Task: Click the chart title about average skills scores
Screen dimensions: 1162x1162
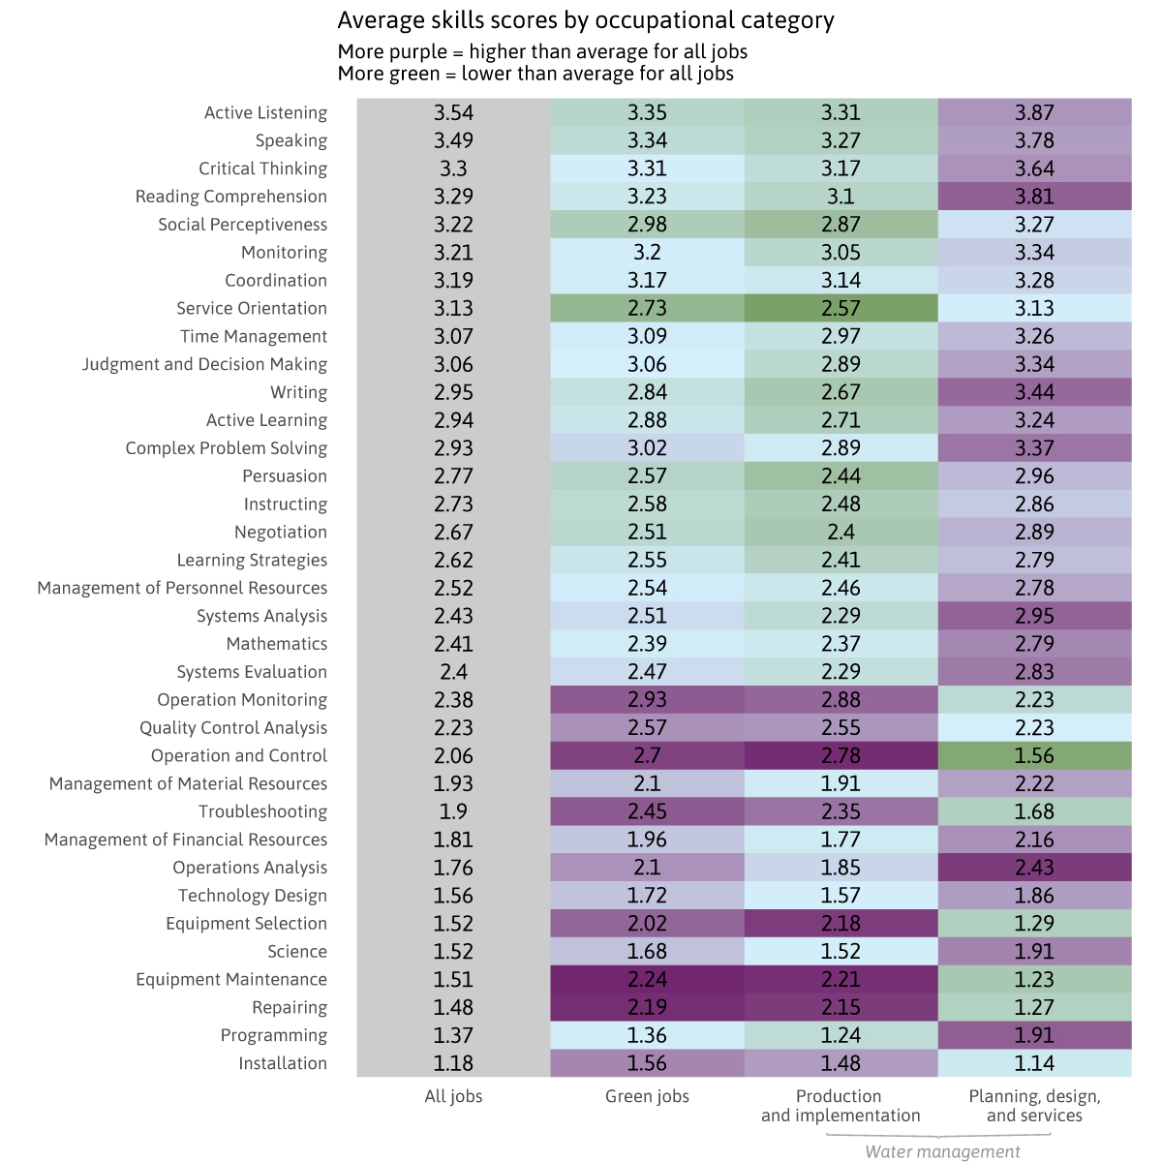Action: tap(586, 20)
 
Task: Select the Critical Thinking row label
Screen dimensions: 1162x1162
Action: tap(262, 168)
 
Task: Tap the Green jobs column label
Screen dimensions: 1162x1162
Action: tap(647, 1096)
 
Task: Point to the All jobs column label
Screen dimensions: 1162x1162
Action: tap(453, 1096)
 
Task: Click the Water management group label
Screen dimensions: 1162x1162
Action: tap(942, 1151)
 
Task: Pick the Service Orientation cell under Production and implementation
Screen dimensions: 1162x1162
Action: tap(841, 308)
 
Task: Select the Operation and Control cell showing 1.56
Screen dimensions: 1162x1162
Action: tap(1034, 755)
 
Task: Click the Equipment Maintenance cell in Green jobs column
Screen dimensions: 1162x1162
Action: tap(647, 979)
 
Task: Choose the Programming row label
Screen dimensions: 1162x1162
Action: tap(274, 1035)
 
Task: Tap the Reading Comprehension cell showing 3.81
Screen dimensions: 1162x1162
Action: tap(1034, 197)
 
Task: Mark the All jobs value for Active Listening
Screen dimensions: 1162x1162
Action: tap(453, 112)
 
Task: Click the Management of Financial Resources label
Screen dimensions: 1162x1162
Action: tap(186, 840)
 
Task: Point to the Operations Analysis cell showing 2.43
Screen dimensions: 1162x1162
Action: tap(1034, 868)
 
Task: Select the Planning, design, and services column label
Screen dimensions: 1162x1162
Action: tap(1034, 1105)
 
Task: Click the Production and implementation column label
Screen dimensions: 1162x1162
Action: tap(840, 1105)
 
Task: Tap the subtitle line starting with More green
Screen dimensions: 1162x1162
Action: tap(535, 74)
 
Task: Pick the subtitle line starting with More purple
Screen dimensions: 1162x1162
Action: tap(542, 51)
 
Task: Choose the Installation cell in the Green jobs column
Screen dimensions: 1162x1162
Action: tap(647, 1063)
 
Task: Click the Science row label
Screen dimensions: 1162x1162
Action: tap(297, 952)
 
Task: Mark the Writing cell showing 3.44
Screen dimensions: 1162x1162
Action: tap(1034, 392)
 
